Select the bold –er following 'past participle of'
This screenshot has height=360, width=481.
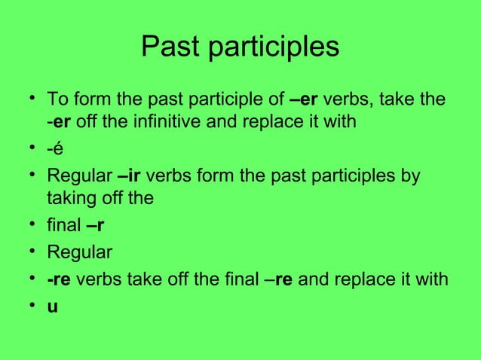pos(305,99)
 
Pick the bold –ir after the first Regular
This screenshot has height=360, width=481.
pos(129,177)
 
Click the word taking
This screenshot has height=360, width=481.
pos(70,199)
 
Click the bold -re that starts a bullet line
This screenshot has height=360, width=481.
pos(59,279)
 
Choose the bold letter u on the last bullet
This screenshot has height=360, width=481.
pos(52,307)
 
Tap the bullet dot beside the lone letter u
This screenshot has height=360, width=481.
pos(29,307)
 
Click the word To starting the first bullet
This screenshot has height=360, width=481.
pos(57,99)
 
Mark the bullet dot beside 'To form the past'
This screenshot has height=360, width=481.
pos(29,99)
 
